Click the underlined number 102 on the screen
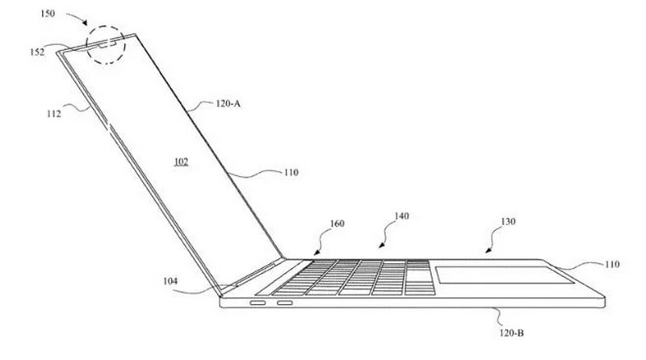pos(180,161)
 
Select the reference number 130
pos(507,220)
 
